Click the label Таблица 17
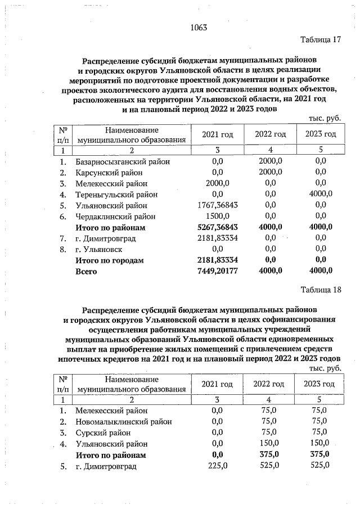click(x=321, y=40)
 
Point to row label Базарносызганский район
click(x=123, y=161)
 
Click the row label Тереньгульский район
click(x=116, y=195)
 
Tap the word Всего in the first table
click(x=87, y=272)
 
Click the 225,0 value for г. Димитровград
click(x=217, y=466)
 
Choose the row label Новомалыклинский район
click(x=124, y=421)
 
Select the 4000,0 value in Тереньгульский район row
click(x=321, y=195)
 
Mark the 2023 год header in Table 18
click(x=319, y=384)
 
